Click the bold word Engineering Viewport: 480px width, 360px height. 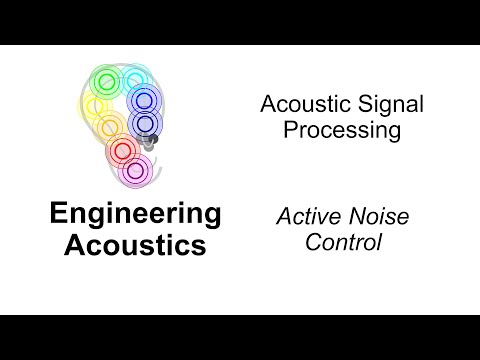pos(135,213)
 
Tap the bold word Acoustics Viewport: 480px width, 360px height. pos(135,244)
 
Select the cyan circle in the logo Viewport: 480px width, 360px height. pos(133,79)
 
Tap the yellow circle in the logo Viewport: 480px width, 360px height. pos(97,106)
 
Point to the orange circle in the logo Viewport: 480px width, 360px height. pos(111,127)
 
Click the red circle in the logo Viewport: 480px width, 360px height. pos(123,151)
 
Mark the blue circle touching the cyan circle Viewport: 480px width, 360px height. pos(144,100)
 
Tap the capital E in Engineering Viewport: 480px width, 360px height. pos(58,213)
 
